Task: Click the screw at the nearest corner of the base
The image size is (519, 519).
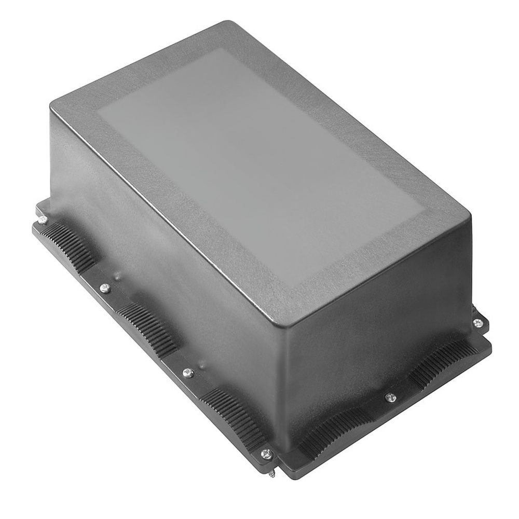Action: (267, 454)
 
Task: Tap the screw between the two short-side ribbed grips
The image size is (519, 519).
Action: (391, 398)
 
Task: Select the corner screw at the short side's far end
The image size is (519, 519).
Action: (478, 323)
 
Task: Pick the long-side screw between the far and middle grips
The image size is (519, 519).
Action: (105, 288)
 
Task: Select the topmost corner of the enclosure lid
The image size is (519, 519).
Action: (228, 23)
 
